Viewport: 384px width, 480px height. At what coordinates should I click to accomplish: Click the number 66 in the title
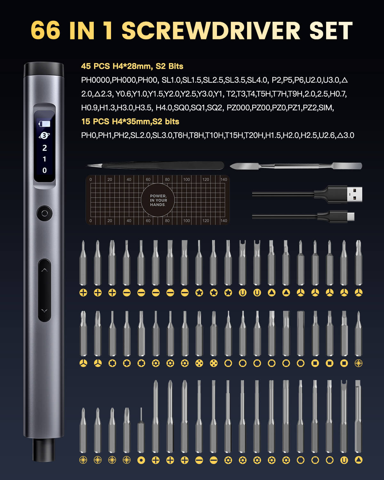pos(45,30)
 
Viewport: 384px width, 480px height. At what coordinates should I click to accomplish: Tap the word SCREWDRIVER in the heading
pos(211,30)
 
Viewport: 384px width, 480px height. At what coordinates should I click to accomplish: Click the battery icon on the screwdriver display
pos(44,124)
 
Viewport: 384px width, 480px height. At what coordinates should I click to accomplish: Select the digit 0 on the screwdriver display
pos(44,171)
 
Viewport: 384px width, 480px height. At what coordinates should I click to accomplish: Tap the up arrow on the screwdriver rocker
pos(44,270)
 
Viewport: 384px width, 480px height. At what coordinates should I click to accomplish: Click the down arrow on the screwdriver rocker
pos(44,310)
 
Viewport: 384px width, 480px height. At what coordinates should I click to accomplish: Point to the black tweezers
pos(155,165)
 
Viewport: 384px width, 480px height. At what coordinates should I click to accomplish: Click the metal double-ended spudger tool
pos(296,166)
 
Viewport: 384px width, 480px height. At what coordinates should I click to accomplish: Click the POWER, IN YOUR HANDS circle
pos(158,200)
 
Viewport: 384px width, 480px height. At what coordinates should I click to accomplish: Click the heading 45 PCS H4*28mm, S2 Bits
pos(132,66)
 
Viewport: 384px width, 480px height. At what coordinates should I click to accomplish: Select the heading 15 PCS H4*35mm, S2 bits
pos(130,122)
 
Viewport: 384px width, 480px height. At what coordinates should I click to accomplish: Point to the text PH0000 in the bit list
pos(96,80)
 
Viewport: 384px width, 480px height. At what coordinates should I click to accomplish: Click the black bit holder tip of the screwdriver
pos(44,450)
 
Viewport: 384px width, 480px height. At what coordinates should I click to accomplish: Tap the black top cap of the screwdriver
pos(44,70)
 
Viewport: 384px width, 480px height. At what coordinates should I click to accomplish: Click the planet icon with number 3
pos(44,135)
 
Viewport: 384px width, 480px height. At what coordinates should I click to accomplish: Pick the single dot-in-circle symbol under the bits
pos(141,460)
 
